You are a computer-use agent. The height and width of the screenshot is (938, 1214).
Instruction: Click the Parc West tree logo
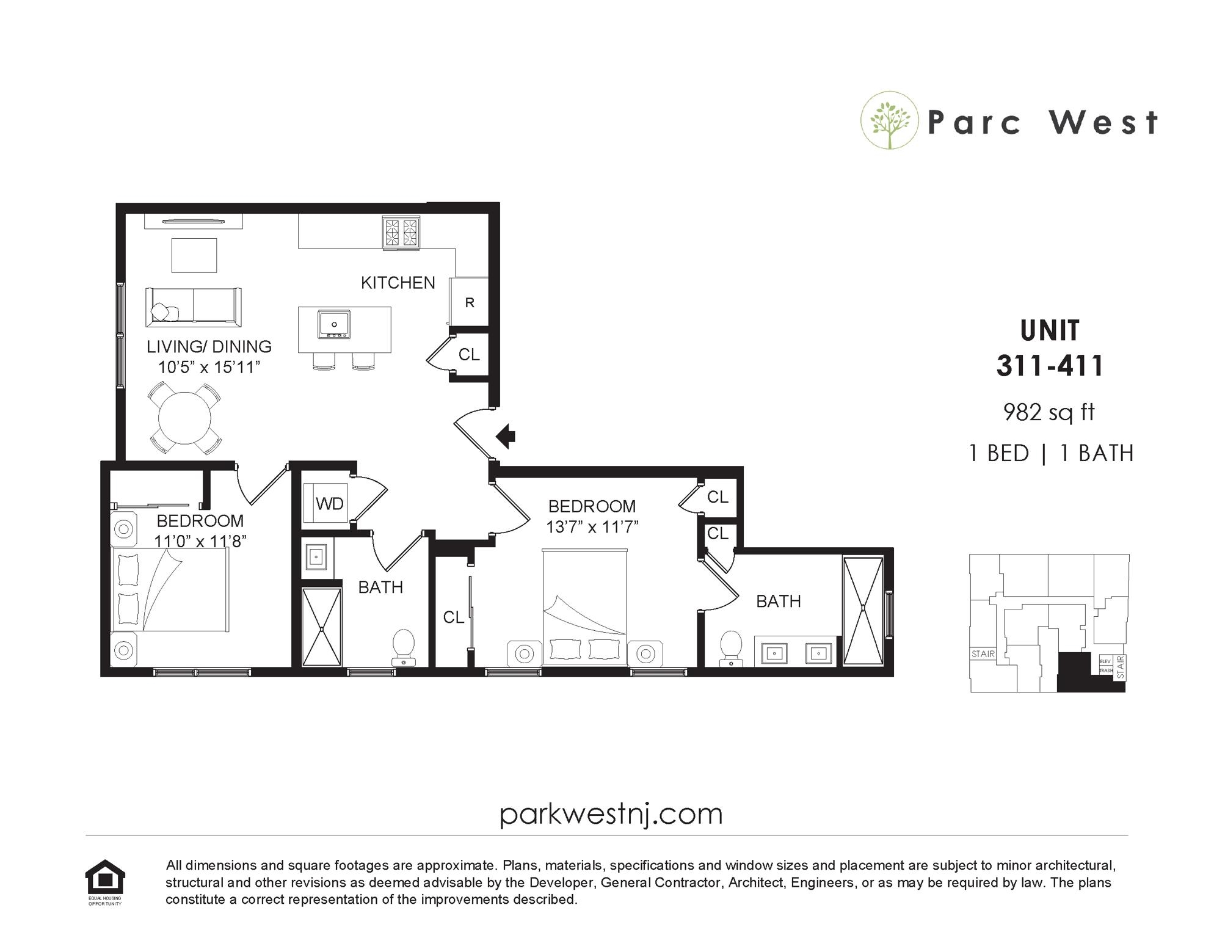(x=890, y=121)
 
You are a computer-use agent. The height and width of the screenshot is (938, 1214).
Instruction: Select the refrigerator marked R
(x=469, y=302)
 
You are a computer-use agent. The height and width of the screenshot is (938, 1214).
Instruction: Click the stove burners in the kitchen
(x=401, y=233)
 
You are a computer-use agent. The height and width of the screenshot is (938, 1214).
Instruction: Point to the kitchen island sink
(x=334, y=324)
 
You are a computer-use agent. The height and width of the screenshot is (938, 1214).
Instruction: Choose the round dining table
(x=184, y=418)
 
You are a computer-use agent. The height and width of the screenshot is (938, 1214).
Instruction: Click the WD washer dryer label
(x=330, y=504)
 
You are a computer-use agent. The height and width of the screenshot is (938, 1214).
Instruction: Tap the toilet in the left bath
(x=404, y=648)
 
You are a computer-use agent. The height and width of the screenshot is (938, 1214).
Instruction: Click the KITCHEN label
(x=398, y=283)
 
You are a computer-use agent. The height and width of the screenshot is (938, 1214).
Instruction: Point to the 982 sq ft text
(x=1049, y=413)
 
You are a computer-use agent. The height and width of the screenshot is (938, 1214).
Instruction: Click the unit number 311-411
(x=1050, y=366)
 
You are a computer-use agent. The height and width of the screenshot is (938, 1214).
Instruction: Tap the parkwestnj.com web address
(x=611, y=815)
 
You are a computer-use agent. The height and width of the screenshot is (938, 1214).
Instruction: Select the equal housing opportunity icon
(x=105, y=882)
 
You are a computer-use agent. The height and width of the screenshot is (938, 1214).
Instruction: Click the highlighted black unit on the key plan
(x=1075, y=672)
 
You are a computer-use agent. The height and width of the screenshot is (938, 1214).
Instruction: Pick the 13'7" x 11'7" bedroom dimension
(x=592, y=526)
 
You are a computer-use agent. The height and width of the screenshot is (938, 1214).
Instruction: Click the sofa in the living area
(x=194, y=307)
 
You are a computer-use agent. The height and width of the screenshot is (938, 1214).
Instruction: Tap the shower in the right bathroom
(x=863, y=611)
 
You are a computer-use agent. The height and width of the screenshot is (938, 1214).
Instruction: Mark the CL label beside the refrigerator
(x=469, y=355)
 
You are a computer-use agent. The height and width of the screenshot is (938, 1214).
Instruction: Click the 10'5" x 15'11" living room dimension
(x=209, y=367)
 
